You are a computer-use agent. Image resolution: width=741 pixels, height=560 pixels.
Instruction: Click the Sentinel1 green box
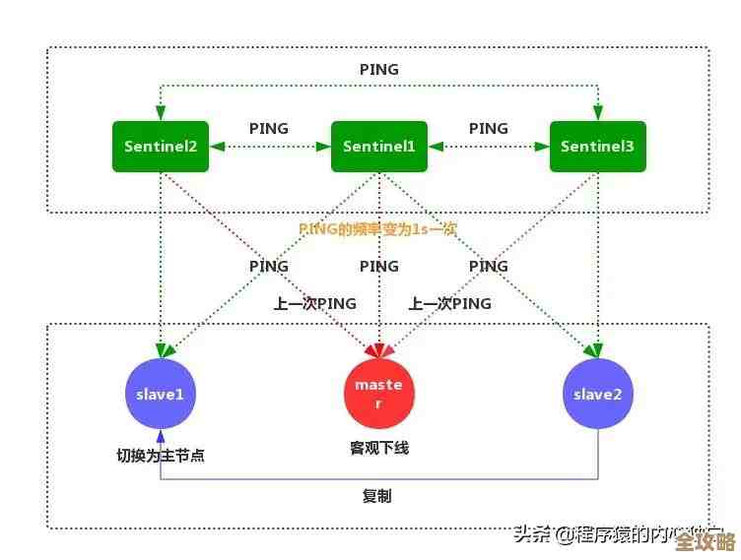pyautogui.click(x=379, y=147)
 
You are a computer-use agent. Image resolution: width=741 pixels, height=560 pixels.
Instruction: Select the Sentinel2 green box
pyautogui.click(x=161, y=147)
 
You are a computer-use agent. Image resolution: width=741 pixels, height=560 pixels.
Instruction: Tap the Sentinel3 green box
pyautogui.click(x=597, y=147)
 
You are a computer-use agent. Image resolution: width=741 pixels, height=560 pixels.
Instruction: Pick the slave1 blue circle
pyautogui.click(x=161, y=394)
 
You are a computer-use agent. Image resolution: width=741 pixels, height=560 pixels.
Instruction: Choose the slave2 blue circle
pyautogui.click(x=597, y=394)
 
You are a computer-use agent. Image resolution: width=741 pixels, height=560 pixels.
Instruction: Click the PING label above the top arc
pyautogui.click(x=379, y=70)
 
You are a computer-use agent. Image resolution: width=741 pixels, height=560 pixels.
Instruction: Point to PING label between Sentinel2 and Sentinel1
pyautogui.click(x=269, y=128)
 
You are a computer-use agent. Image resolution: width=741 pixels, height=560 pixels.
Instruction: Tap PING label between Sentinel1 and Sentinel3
pyautogui.click(x=489, y=128)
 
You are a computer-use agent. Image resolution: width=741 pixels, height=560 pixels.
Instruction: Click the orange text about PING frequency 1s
pyautogui.click(x=378, y=228)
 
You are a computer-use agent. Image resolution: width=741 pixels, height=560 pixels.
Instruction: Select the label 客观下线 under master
pyautogui.click(x=379, y=449)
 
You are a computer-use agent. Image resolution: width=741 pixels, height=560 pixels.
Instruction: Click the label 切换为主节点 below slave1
pyautogui.click(x=161, y=456)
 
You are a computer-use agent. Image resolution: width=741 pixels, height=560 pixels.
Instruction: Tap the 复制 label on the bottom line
pyautogui.click(x=376, y=497)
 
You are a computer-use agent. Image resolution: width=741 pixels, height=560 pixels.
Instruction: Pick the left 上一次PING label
pyautogui.click(x=314, y=303)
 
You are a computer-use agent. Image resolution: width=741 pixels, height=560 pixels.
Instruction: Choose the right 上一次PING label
pyautogui.click(x=449, y=303)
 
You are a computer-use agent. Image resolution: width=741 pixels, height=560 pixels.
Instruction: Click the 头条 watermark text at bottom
pyautogui.click(x=532, y=535)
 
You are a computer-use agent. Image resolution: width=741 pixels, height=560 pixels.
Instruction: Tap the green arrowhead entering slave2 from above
pyautogui.click(x=595, y=349)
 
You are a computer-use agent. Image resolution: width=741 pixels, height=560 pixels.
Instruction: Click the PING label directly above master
pyautogui.click(x=379, y=266)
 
